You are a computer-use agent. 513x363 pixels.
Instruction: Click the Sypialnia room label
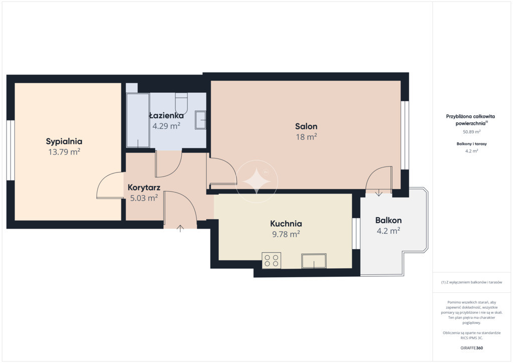pos(64,141)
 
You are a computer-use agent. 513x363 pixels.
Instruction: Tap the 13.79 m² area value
pos(65,152)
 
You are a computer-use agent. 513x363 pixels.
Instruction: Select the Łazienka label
pos(166,115)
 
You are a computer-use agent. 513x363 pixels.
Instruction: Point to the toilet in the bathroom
pos(181,103)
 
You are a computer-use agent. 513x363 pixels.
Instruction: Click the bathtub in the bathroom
pos(138,120)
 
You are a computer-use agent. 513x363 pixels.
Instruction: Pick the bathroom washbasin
pos(200,120)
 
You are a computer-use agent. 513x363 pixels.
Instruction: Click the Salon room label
pos(306,126)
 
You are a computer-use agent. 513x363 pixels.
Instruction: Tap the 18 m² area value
pos(307,137)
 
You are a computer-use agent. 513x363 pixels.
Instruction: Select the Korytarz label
pos(144,188)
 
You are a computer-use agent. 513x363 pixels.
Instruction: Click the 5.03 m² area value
pos(144,198)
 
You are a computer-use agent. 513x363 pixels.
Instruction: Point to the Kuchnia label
pos(286,224)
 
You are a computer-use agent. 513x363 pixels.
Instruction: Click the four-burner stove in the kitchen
pos(272,261)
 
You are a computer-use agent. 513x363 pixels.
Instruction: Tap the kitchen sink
pos(314,261)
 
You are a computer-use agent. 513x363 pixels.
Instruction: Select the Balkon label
pos(388,220)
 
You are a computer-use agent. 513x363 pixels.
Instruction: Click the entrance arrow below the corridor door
pos(180,229)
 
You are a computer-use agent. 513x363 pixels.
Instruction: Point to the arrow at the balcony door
pos(379,193)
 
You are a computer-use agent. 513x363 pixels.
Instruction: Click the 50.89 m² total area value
pos(471,132)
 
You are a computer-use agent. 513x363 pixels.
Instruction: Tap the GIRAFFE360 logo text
pos(471,348)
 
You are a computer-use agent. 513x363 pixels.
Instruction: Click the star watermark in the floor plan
pos(257,181)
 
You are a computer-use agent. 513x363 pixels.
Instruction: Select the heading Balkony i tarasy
pos(471,144)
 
